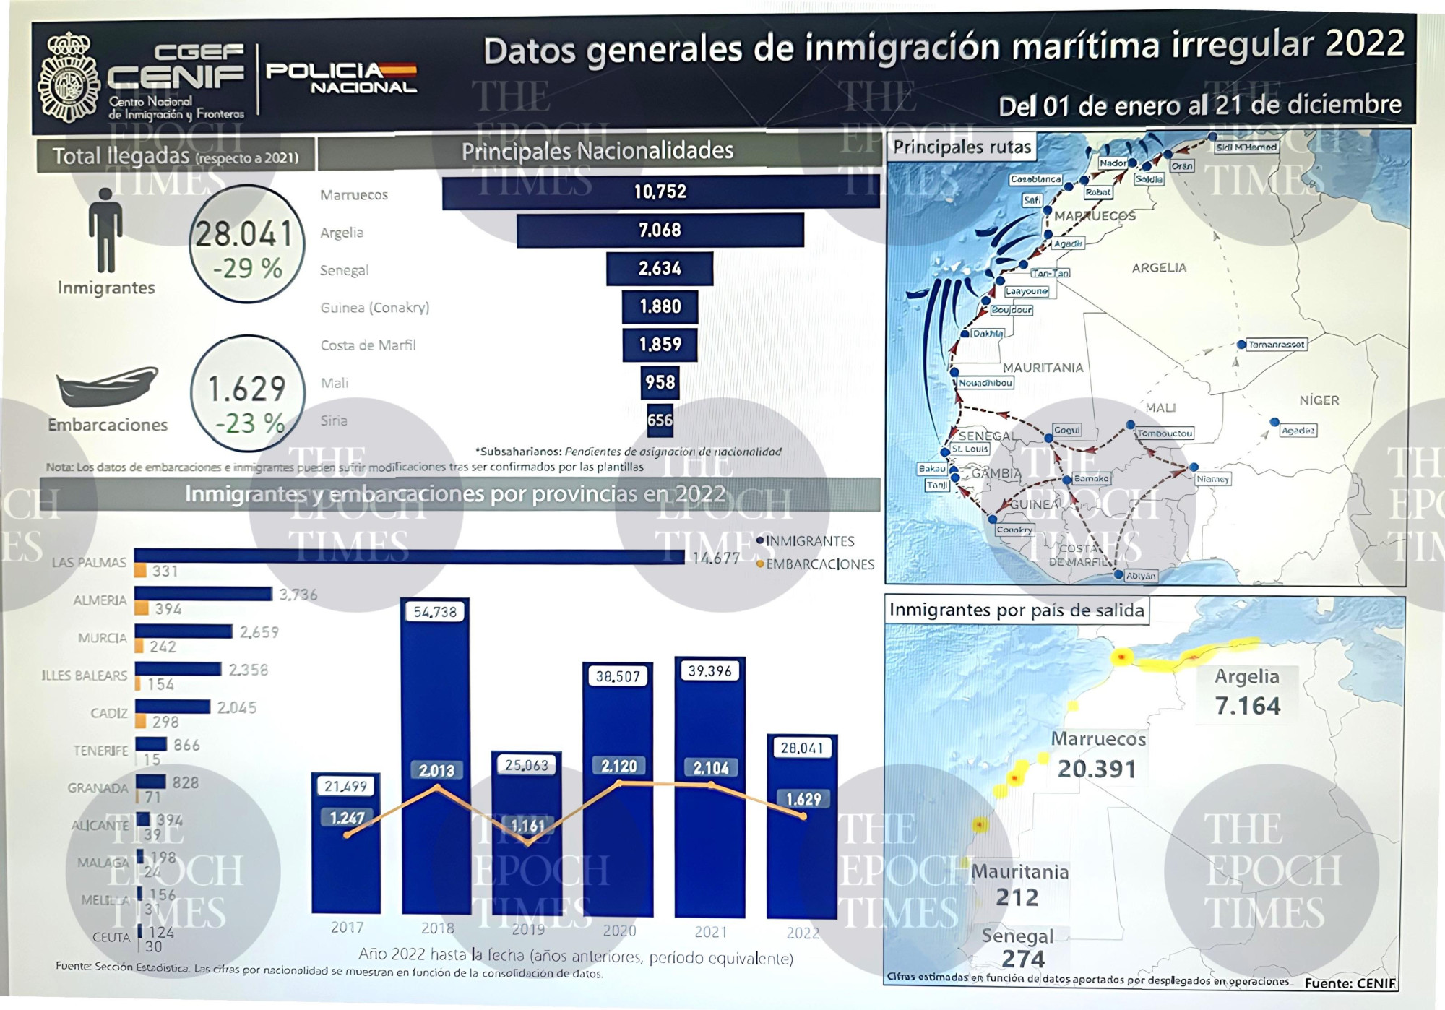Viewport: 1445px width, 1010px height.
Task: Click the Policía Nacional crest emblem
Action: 69,78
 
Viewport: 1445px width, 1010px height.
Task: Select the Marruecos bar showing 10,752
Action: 660,191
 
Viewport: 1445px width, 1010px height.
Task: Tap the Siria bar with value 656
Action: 660,420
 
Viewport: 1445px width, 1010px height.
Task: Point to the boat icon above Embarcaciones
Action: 107,387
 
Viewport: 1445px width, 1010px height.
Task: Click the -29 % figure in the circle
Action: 247,269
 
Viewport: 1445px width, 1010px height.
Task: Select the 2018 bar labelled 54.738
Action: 436,755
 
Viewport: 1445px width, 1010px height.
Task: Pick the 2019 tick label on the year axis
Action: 527,930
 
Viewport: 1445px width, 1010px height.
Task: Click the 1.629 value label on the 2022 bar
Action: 803,799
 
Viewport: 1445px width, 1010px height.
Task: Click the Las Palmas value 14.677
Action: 715,558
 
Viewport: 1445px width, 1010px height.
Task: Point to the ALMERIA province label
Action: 100,600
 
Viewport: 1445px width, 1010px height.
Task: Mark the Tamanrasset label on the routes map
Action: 1276,345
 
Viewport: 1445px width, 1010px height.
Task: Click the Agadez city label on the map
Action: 1298,431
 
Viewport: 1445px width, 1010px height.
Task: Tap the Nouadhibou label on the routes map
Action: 985,383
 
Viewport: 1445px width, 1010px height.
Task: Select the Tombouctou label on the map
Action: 1164,433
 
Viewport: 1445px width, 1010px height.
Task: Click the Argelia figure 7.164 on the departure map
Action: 1248,706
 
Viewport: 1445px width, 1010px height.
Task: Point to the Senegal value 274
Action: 1022,959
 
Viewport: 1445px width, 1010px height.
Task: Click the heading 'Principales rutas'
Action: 962,147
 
